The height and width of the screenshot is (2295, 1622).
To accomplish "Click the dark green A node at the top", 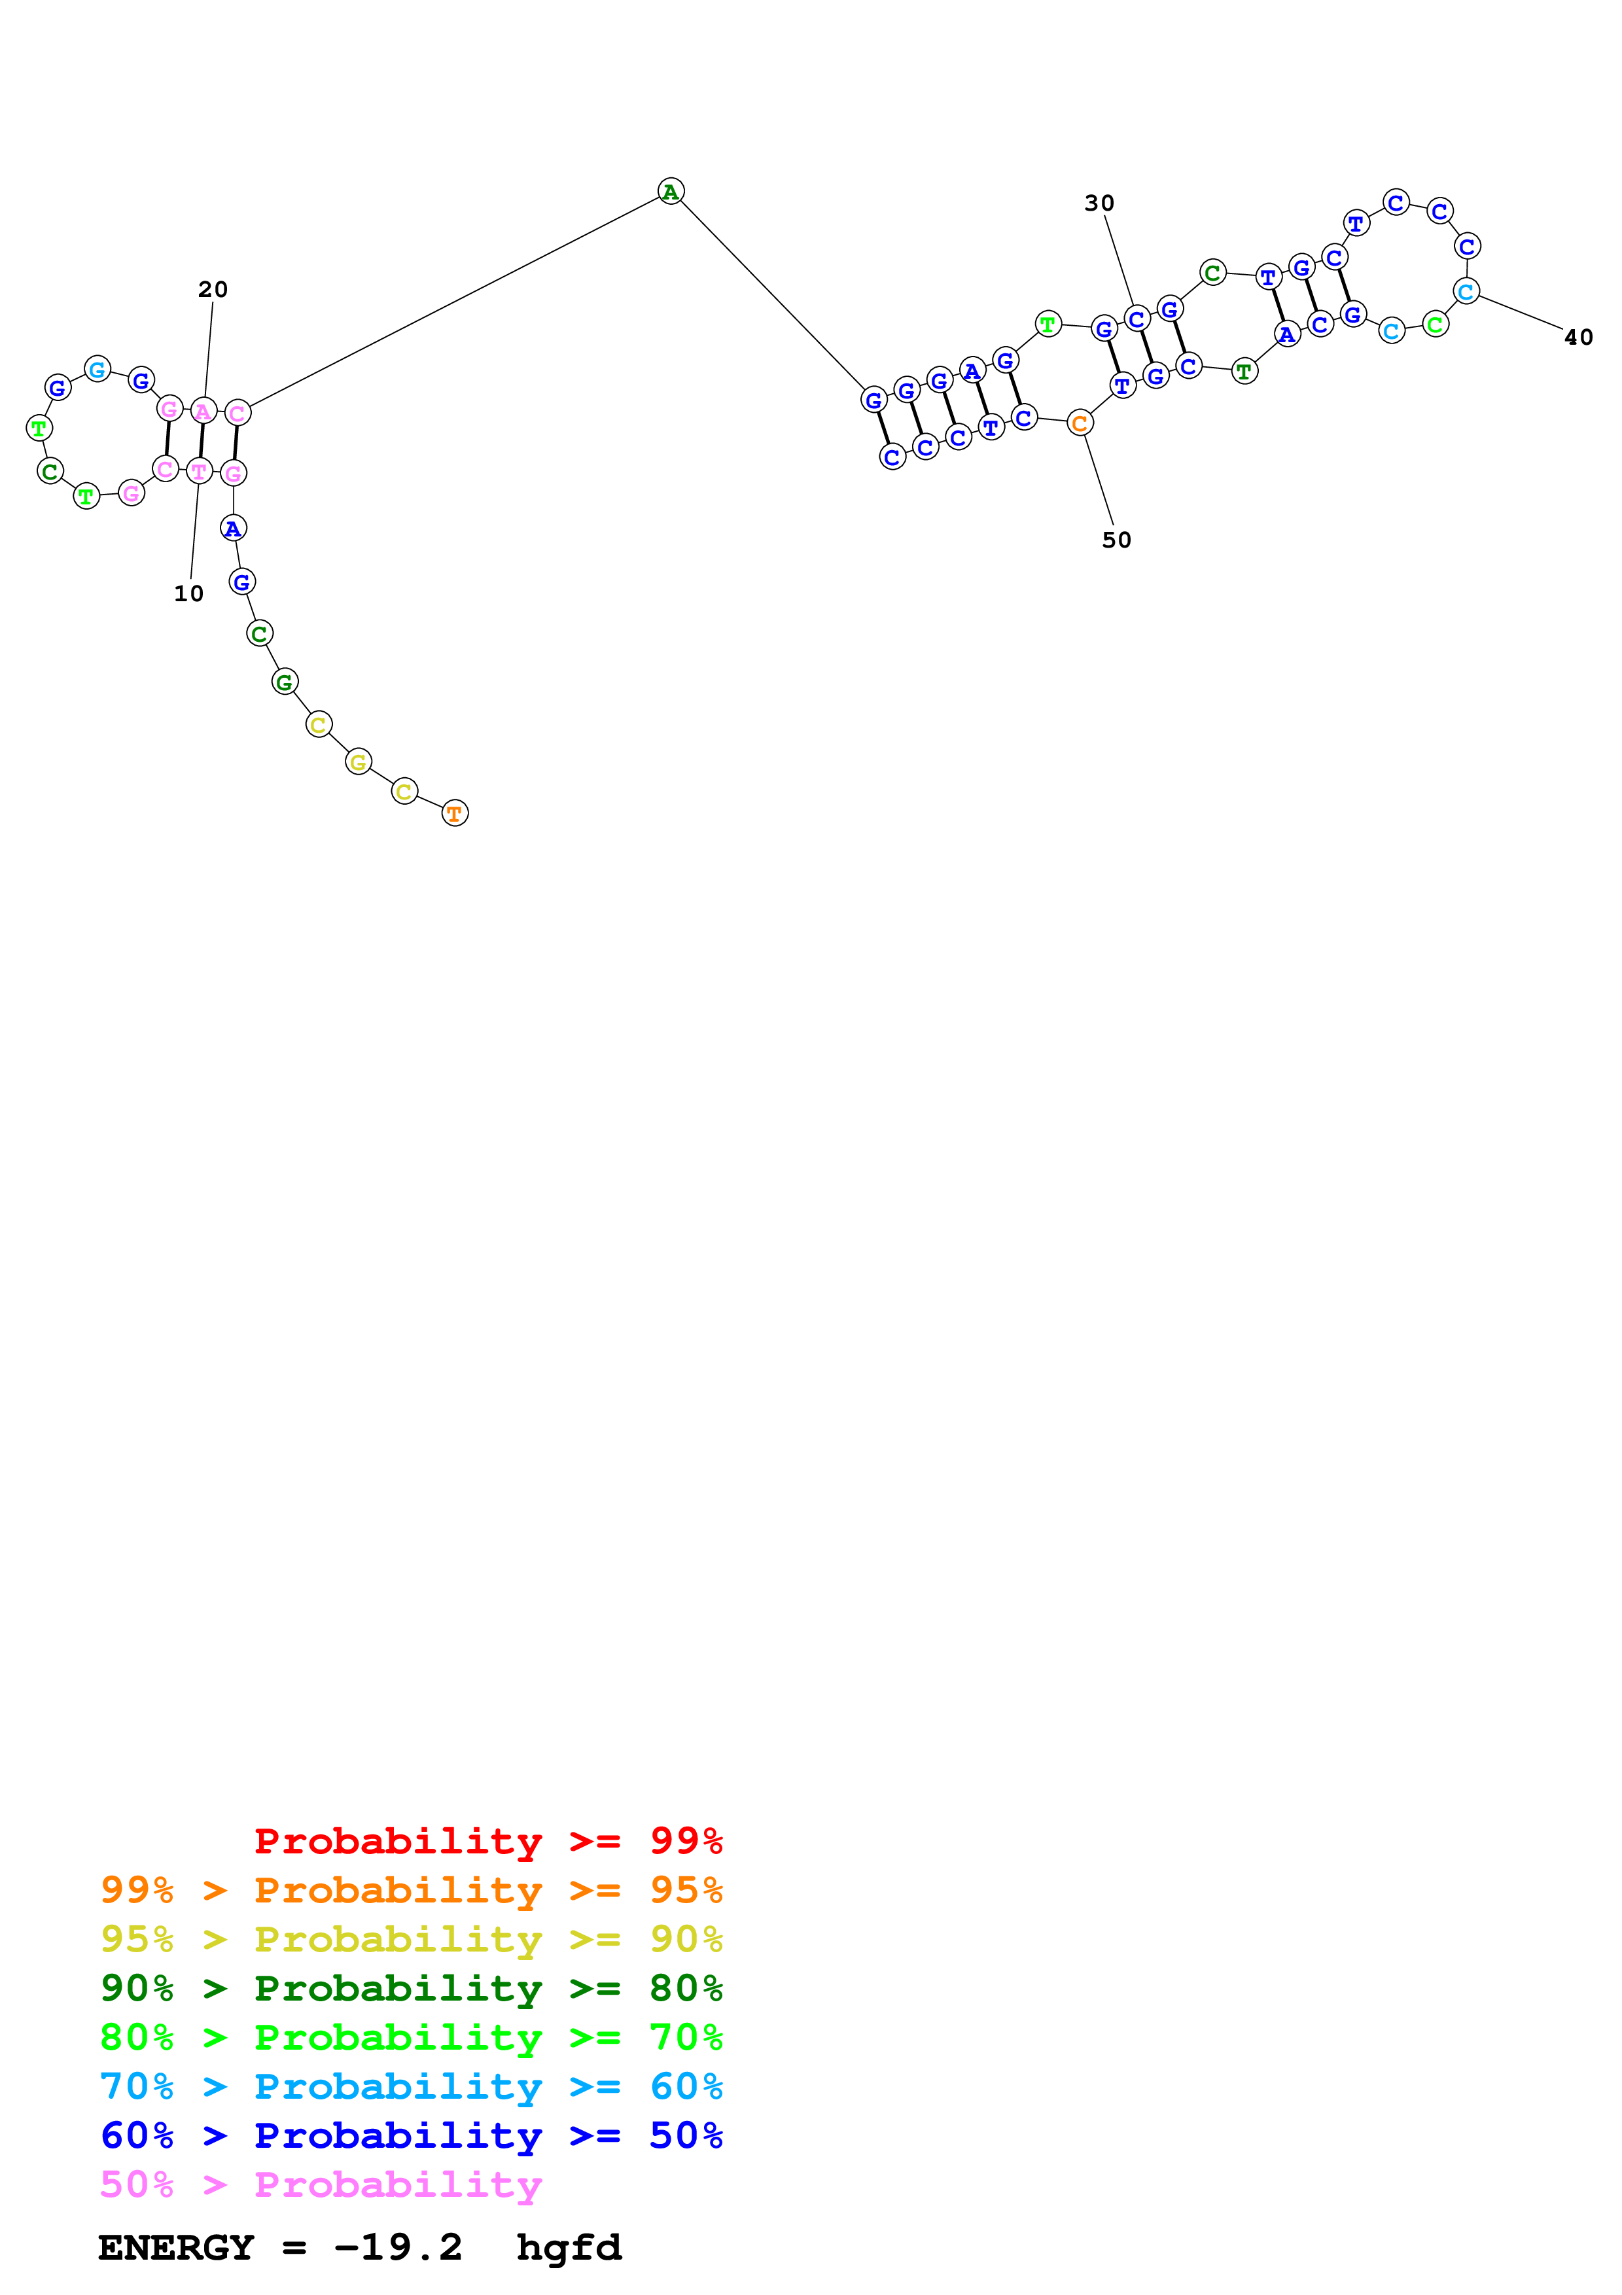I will tap(671, 191).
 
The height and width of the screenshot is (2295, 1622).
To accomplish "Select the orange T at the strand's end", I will tap(455, 814).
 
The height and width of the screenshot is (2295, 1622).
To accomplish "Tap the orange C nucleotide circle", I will tap(1080, 424).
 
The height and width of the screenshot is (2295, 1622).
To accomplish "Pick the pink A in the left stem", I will tap(203, 411).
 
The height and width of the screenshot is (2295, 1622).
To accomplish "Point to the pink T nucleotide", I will tap(199, 471).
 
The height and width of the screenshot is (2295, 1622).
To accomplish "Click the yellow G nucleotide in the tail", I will tap(358, 763).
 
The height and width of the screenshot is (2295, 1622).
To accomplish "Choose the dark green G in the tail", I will tap(285, 682).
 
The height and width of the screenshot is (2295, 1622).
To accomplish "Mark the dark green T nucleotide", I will tap(1244, 372).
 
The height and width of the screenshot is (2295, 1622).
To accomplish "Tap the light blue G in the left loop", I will tap(97, 370).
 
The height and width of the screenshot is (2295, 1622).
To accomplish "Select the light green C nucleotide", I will tap(1435, 324).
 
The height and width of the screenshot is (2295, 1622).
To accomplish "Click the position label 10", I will tap(189, 594).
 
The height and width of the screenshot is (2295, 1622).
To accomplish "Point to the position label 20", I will tap(213, 290).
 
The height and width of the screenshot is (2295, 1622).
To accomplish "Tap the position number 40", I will tap(1578, 338).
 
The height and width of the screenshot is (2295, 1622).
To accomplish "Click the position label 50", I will tap(1116, 541).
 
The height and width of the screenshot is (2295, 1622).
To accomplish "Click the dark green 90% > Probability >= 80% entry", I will tap(411, 1989).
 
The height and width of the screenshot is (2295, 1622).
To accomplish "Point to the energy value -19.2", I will tap(398, 2248).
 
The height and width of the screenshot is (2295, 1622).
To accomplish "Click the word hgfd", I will tap(569, 2248).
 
